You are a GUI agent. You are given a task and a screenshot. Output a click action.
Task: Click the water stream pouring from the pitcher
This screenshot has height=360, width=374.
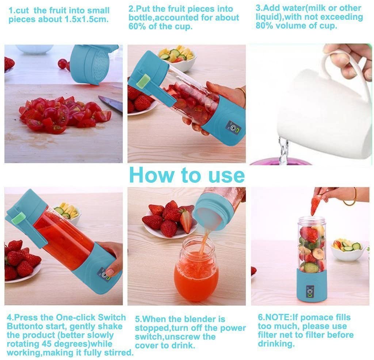pyautogui.click(x=284, y=150)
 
